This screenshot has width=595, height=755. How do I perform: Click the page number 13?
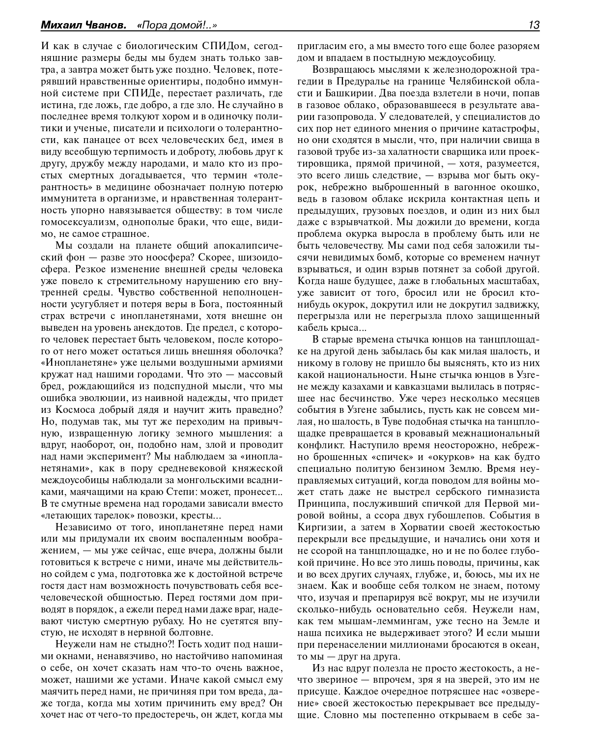pos(534,25)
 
